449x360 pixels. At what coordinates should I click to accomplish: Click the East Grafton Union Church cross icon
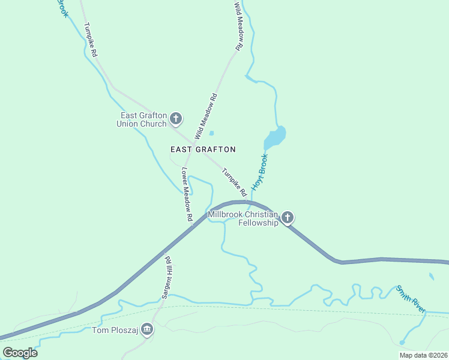pyautogui.click(x=176, y=118)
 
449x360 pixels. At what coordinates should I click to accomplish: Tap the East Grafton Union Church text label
pyautogui.click(x=143, y=120)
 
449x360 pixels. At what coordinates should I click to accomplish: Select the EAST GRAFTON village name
pyautogui.click(x=203, y=149)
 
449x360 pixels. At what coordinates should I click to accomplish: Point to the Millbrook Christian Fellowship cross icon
pyautogui.click(x=288, y=217)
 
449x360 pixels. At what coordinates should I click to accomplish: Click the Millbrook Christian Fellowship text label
pyautogui.click(x=243, y=218)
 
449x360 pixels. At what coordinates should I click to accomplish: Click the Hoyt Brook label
pyautogui.click(x=259, y=172)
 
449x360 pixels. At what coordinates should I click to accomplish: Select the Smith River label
pyautogui.click(x=411, y=299)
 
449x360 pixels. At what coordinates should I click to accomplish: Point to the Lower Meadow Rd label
pyautogui.click(x=187, y=193)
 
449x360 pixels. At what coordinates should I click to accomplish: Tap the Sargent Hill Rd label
pyautogui.click(x=167, y=277)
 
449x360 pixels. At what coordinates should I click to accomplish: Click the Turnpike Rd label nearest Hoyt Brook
pyautogui.click(x=234, y=182)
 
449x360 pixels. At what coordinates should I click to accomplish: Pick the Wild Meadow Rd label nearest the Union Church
pyautogui.click(x=205, y=116)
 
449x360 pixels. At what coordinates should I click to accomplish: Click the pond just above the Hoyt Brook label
pyautogui.click(x=275, y=137)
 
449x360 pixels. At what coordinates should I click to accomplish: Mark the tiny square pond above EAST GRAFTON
pyautogui.click(x=211, y=133)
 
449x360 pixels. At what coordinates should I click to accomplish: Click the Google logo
pyautogui.click(x=20, y=352)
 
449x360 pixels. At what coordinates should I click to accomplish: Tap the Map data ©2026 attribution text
pyautogui.click(x=423, y=355)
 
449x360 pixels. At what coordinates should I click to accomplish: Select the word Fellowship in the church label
pyautogui.click(x=258, y=223)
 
